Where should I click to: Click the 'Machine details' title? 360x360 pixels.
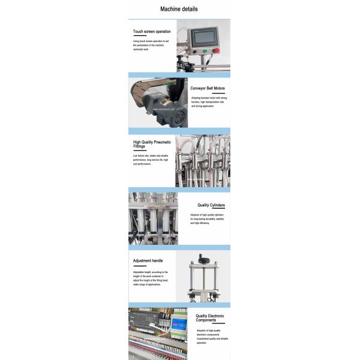tap(179, 9)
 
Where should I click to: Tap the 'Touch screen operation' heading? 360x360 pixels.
tap(152, 31)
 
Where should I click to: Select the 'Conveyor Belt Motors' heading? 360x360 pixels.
tap(208, 88)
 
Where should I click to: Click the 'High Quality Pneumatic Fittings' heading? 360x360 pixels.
tap(152, 145)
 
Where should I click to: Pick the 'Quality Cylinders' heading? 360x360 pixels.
tap(211, 205)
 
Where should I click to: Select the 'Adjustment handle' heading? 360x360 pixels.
tap(148, 261)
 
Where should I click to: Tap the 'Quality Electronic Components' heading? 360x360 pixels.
tap(210, 318)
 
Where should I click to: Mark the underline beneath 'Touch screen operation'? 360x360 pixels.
tap(140, 36)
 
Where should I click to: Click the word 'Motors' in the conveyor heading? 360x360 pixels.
tap(220, 88)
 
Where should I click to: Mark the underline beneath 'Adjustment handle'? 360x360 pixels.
tap(140, 266)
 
